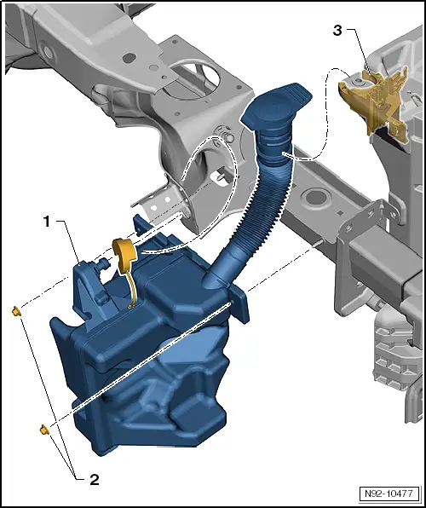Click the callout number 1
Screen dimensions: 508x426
point(49,222)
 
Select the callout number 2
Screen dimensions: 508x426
point(94,479)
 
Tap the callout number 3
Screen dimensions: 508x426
point(337,32)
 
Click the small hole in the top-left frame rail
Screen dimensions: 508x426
point(128,57)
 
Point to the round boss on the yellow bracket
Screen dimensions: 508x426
point(371,81)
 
